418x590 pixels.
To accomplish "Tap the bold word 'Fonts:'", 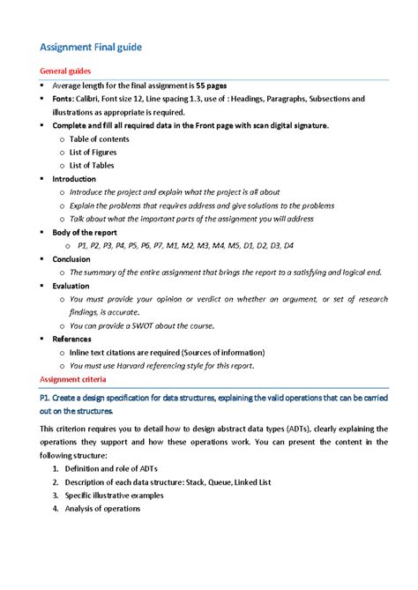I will click(65, 99).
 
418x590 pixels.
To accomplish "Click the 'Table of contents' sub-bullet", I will click(99, 138).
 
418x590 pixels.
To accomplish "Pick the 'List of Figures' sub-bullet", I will click(93, 152).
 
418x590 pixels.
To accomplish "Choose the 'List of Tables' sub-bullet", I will click(91, 165).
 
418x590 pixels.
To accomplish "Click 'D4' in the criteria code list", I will click(287, 245).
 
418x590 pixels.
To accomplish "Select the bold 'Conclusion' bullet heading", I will click(71, 259).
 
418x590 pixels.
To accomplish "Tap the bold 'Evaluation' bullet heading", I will click(71, 286).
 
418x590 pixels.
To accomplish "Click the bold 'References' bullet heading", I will click(71, 339).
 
